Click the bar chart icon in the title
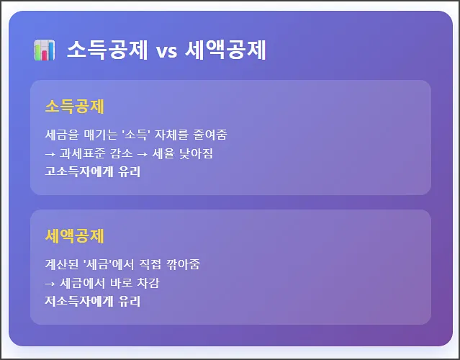45,50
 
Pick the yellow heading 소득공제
74,107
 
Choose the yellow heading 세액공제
74,236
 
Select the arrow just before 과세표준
50,154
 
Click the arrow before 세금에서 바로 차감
50,284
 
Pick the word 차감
147,284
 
